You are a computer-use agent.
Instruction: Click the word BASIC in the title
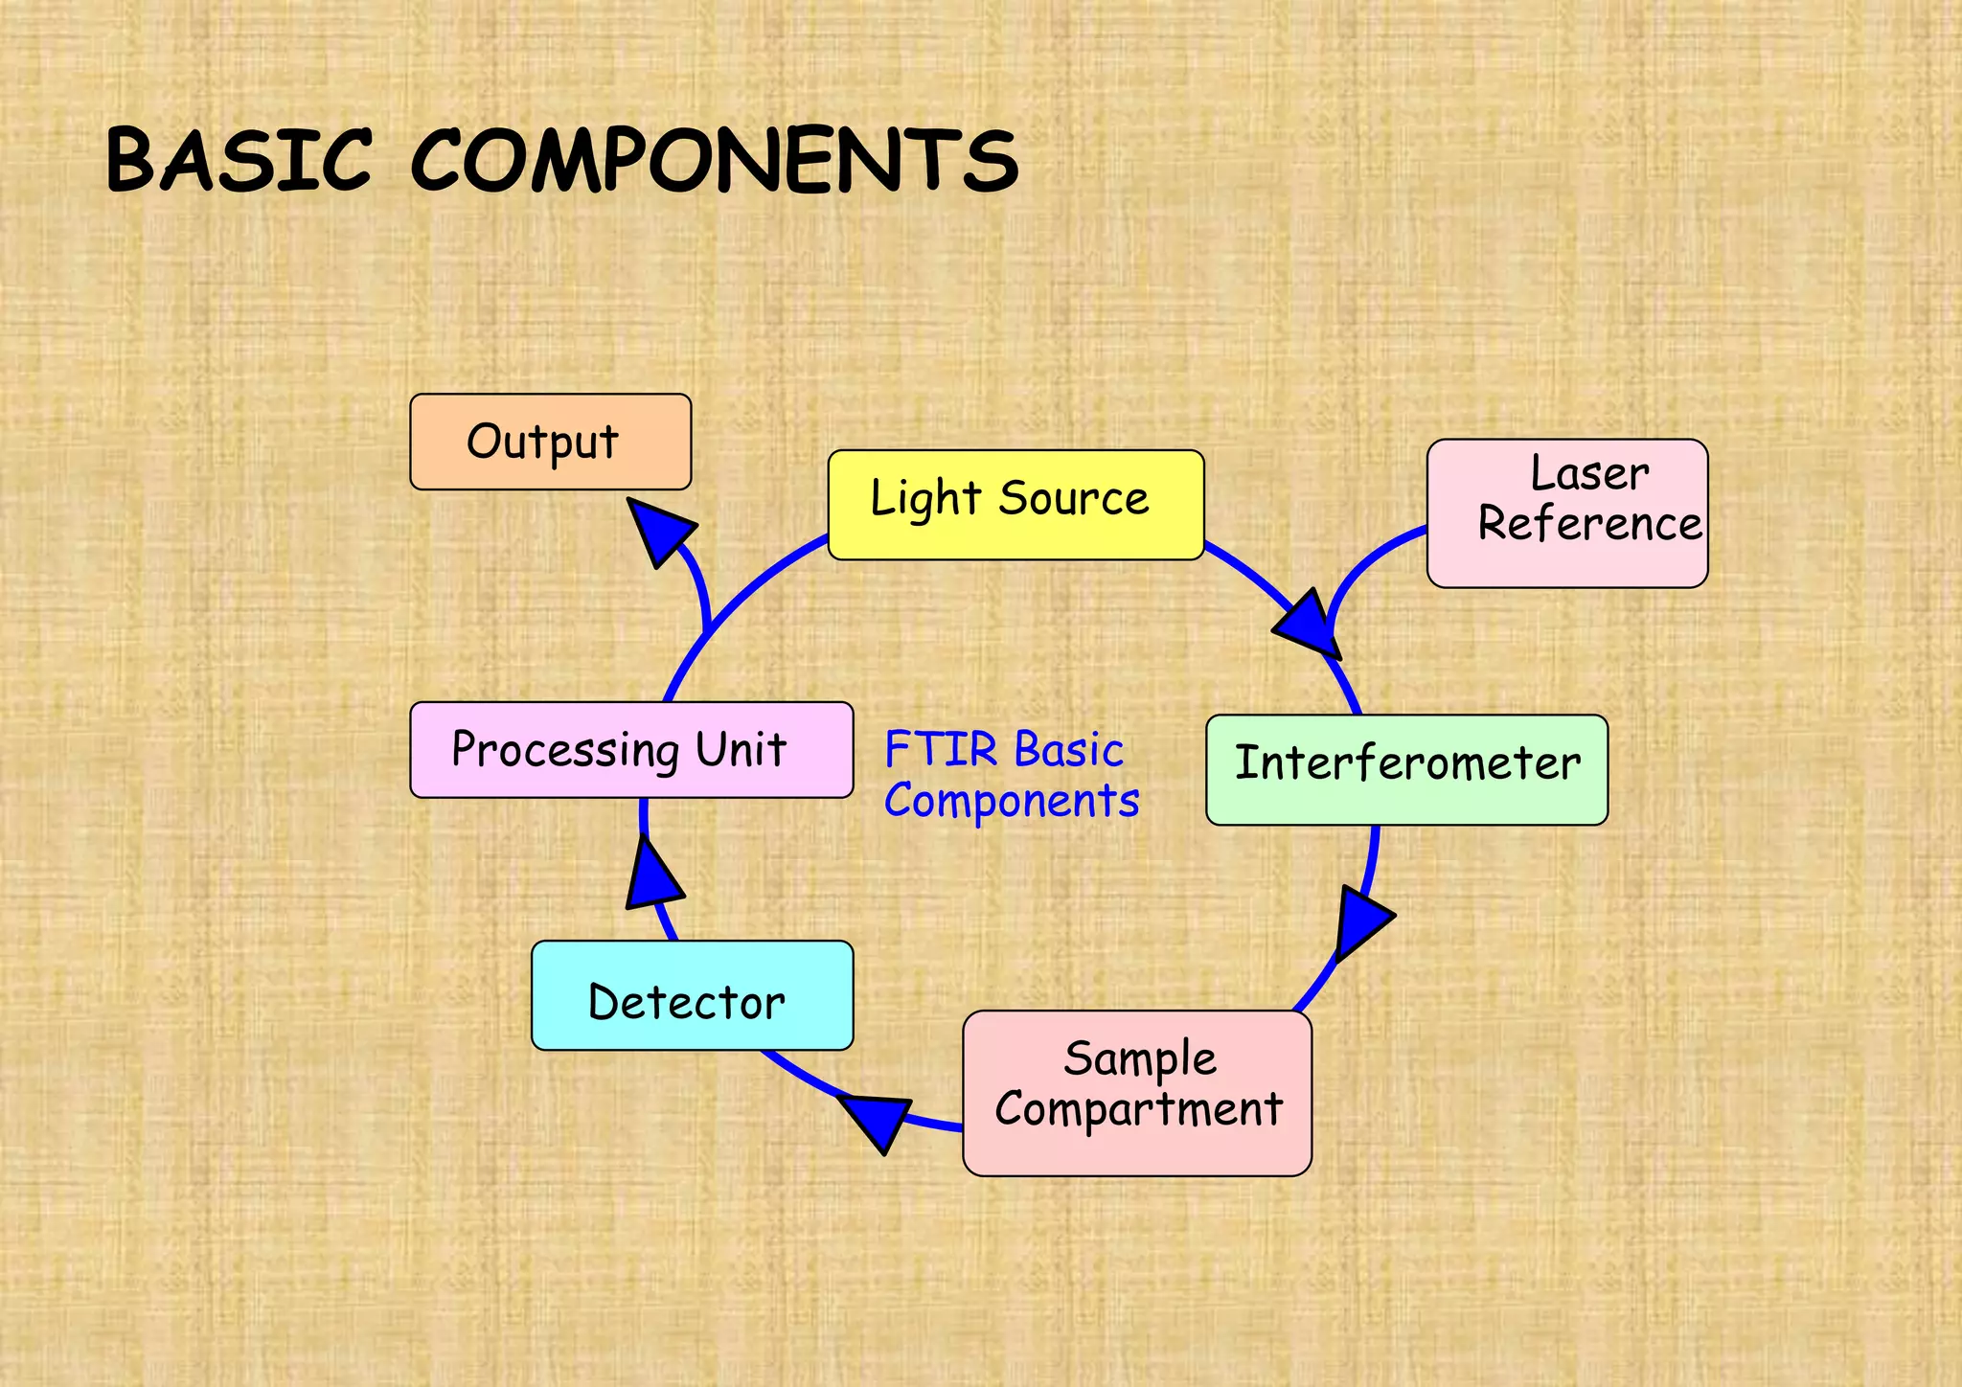pyautogui.click(x=239, y=159)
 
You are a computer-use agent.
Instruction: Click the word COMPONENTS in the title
pyautogui.click(x=715, y=161)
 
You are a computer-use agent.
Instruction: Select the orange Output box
pyautogui.click(x=550, y=442)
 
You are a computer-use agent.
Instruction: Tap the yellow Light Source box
pyautogui.click(x=1015, y=505)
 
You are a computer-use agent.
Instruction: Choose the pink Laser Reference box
pyautogui.click(x=1567, y=513)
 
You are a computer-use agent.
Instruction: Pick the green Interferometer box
pyautogui.click(x=1406, y=769)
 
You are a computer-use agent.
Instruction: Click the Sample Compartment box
pyautogui.click(x=1137, y=1093)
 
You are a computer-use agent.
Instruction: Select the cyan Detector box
pyautogui.click(x=692, y=995)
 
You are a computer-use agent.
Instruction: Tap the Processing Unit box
pyautogui.click(x=630, y=750)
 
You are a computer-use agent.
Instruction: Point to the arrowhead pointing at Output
pyautogui.click(x=660, y=530)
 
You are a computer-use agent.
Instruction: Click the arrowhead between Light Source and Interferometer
pyautogui.click(x=1309, y=625)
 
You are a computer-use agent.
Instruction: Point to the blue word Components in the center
pyautogui.click(x=1012, y=801)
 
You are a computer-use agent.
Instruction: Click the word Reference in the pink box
pyautogui.click(x=1589, y=524)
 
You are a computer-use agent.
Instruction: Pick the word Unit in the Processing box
pyautogui.click(x=741, y=749)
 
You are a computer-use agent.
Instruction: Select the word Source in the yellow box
pyautogui.click(x=1074, y=498)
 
